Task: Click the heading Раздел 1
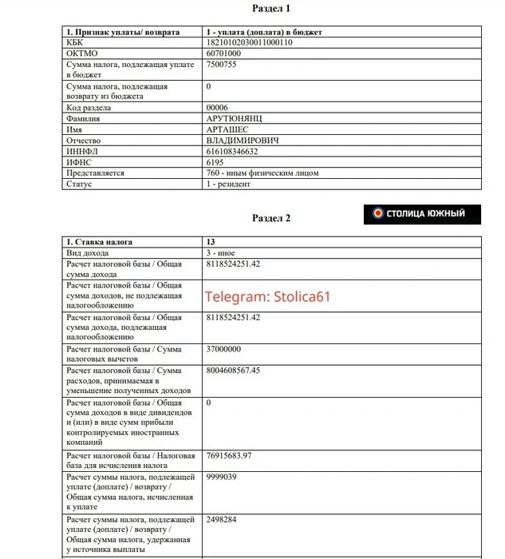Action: coord(271,8)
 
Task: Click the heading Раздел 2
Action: coord(271,217)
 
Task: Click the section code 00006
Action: coord(217,107)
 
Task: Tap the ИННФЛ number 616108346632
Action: coord(232,151)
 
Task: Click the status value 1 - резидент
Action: coord(228,184)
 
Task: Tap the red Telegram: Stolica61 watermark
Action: coord(267,296)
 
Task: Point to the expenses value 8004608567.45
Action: coord(243,371)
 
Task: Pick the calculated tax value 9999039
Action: coord(221,477)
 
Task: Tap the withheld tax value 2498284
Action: coord(221,519)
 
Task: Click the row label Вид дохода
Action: coord(91,252)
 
